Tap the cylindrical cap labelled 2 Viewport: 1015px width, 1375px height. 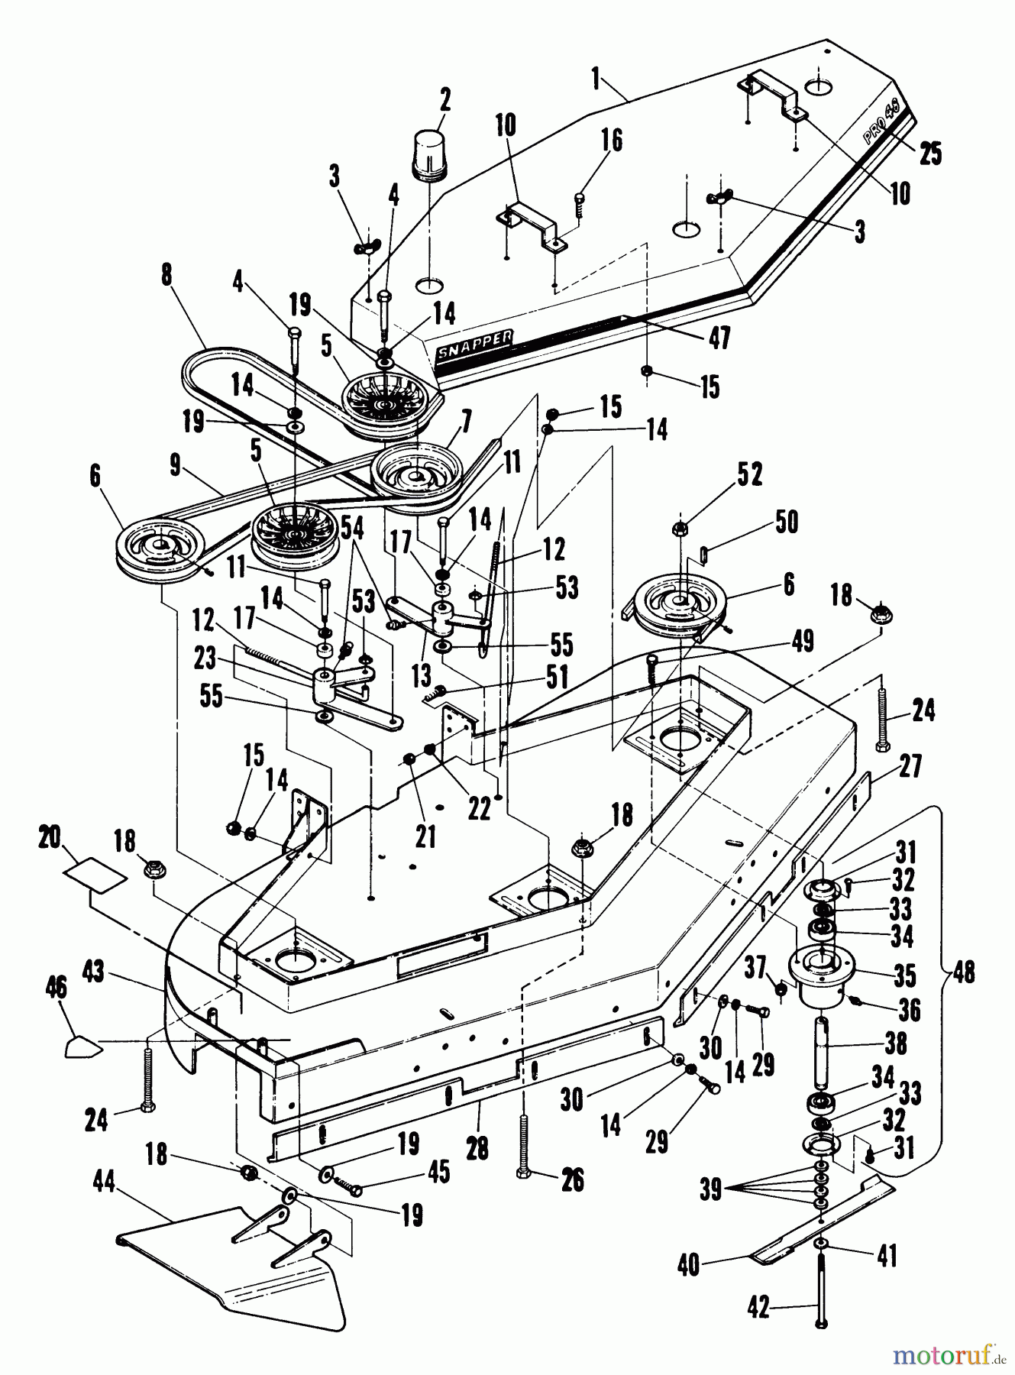click(433, 154)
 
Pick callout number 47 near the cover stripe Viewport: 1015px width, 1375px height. click(718, 337)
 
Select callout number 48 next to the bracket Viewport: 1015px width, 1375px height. click(963, 975)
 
